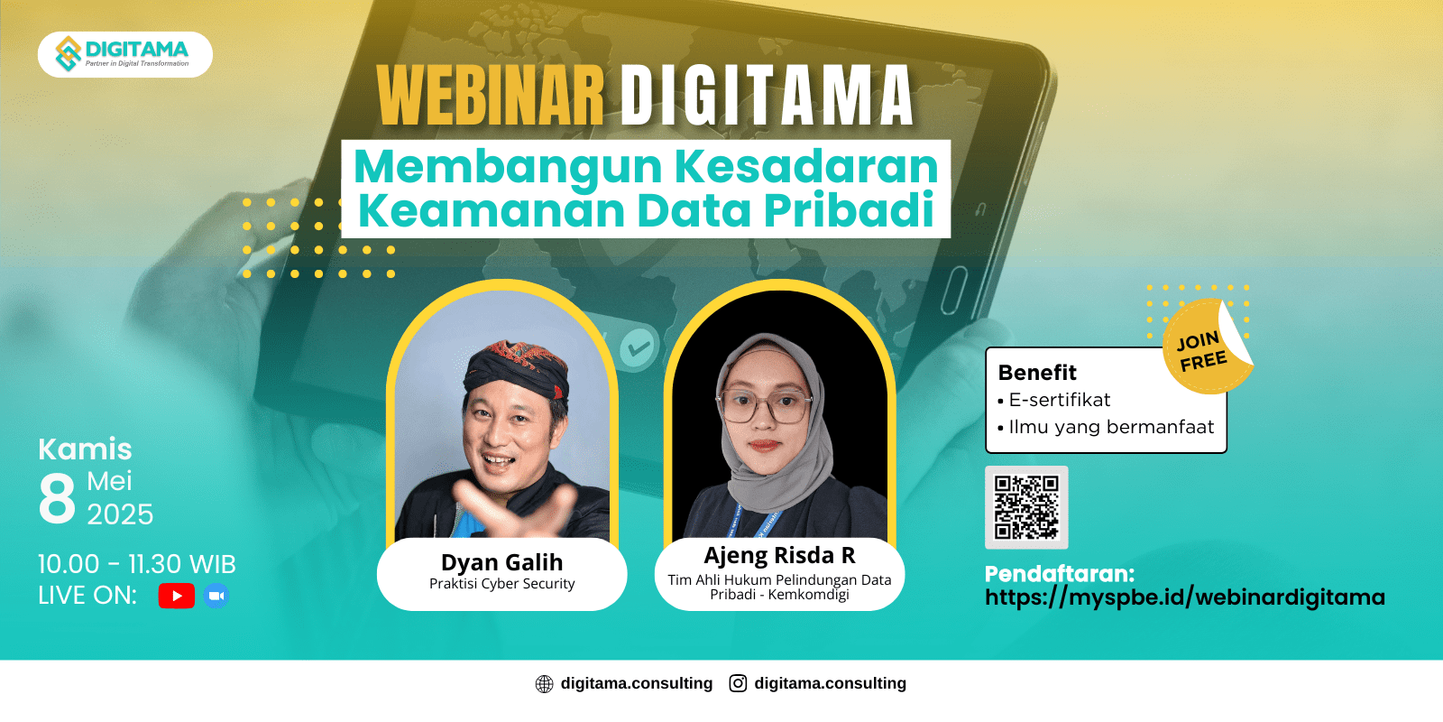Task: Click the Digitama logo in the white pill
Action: (x=123, y=53)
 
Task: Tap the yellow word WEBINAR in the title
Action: (x=491, y=96)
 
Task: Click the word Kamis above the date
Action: (x=85, y=449)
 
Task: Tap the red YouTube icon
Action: (x=177, y=596)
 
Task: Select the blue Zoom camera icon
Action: (x=216, y=596)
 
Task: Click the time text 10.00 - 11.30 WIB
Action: (x=137, y=564)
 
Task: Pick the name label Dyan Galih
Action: (x=501, y=562)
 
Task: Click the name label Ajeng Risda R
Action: (x=779, y=555)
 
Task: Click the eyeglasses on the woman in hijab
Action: (x=765, y=406)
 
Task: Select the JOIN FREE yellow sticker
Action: (x=1205, y=347)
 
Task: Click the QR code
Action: (x=1026, y=507)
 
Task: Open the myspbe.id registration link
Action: (x=1185, y=597)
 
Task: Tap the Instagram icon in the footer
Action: (x=738, y=683)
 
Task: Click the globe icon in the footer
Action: (x=545, y=684)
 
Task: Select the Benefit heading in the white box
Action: (x=1037, y=373)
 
